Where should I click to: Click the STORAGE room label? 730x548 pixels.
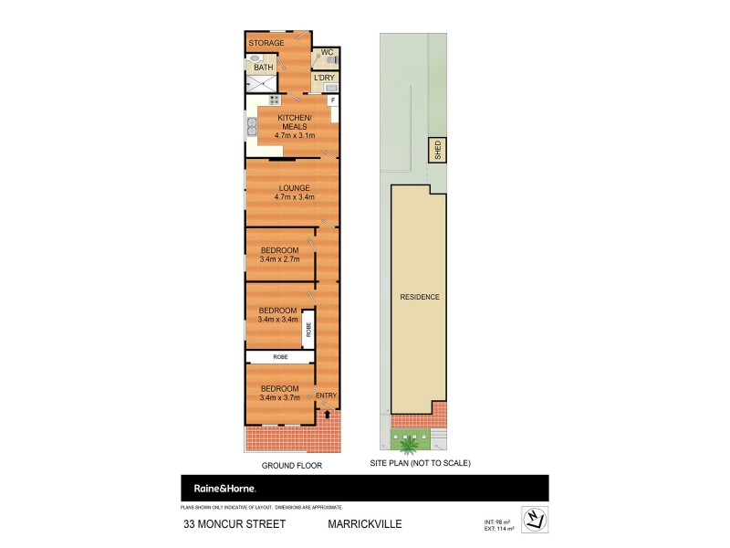[x=267, y=43]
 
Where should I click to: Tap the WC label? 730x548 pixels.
[x=325, y=54]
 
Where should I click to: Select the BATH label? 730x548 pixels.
[x=264, y=67]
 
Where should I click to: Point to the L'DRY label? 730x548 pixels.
[x=324, y=78]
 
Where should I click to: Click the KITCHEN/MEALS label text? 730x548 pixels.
[x=294, y=122]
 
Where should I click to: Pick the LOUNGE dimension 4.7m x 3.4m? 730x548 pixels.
[x=294, y=197]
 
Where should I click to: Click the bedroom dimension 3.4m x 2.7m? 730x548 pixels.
[x=279, y=259]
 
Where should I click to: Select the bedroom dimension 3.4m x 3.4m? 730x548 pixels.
[x=278, y=320]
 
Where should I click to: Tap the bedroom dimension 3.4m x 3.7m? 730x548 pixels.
[x=278, y=397]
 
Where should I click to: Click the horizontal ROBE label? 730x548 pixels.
[x=279, y=356]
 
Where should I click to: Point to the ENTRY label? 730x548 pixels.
[x=326, y=395]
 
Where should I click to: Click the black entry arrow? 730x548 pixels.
[x=327, y=415]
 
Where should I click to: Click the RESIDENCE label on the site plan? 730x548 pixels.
[x=420, y=297]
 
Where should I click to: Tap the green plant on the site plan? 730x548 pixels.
[x=411, y=445]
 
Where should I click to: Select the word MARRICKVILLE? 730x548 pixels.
[x=365, y=524]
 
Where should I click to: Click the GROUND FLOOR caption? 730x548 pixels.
[x=292, y=465]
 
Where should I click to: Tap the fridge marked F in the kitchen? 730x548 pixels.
[x=333, y=100]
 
